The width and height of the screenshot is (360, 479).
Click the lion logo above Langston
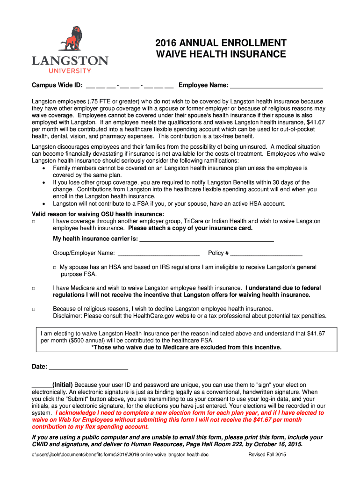[70, 39]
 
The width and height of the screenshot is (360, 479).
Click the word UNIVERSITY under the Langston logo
[70, 71]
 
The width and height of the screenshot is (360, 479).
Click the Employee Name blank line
[277, 86]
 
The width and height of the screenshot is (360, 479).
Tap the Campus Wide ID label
[57, 85]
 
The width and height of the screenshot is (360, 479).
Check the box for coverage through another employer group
[34, 221]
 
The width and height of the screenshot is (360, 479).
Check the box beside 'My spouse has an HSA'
[55, 268]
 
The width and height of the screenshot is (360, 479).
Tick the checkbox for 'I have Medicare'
[34, 289]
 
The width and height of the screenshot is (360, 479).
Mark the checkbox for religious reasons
[34, 309]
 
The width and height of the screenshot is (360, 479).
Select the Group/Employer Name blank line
[158, 254]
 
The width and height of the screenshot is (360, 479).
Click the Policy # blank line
[266, 254]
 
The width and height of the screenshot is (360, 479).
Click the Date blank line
[88, 368]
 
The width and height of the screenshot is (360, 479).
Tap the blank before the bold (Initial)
[42, 385]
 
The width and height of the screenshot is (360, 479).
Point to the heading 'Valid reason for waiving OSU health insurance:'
[98, 214]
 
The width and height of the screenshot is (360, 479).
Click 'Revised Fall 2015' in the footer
[267, 455]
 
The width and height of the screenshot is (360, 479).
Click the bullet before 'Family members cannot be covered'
[43, 168]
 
